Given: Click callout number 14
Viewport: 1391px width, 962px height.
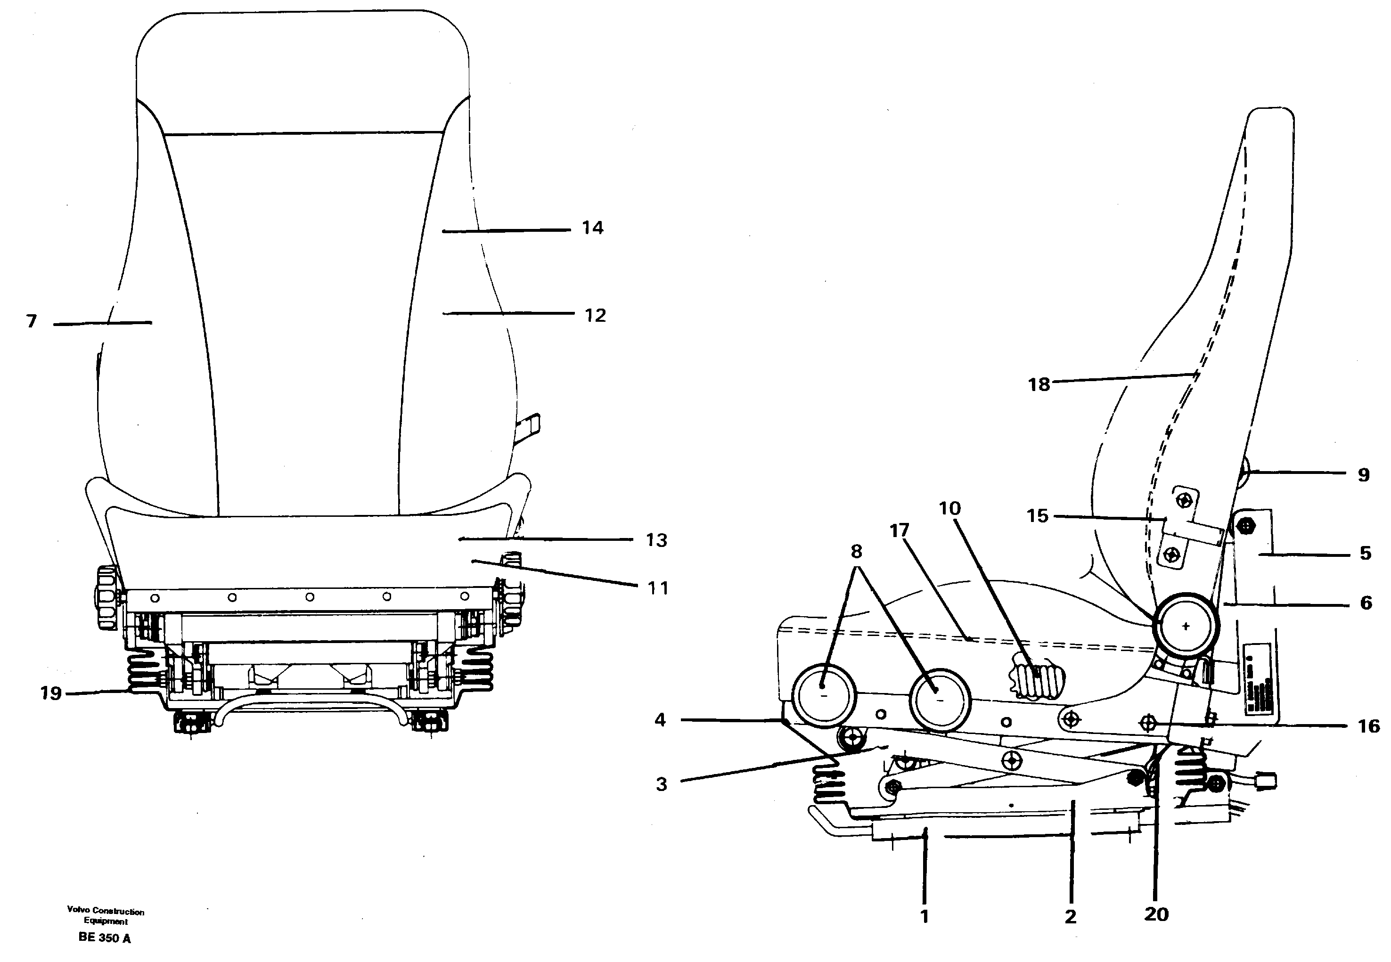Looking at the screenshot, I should (x=592, y=228).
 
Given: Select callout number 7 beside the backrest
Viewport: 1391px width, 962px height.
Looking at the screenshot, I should (x=32, y=321).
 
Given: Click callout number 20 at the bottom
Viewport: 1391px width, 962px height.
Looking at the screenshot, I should (x=1156, y=914).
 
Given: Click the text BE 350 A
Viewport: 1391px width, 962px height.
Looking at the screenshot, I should (x=104, y=938).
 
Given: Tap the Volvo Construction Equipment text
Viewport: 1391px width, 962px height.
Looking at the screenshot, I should (x=106, y=916).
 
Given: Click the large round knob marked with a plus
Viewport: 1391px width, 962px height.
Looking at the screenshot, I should (x=1186, y=626).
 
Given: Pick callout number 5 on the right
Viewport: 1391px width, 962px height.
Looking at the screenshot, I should (x=1366, y=554).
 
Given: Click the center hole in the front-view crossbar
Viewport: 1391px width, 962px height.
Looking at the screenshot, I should (x=309, y=597).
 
